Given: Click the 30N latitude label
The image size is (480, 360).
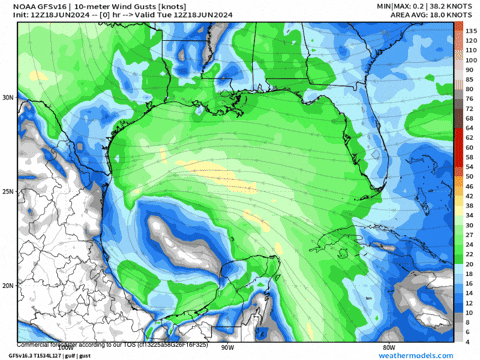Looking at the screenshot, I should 9,98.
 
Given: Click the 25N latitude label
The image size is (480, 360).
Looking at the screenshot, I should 9,191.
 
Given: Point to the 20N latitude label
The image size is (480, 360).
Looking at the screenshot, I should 9,285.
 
